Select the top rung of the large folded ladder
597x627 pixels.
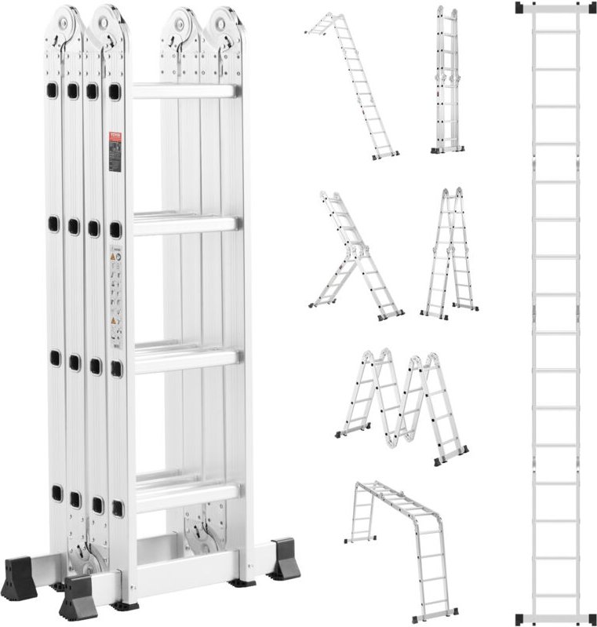[184, 91]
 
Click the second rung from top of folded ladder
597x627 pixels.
[185, 224]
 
